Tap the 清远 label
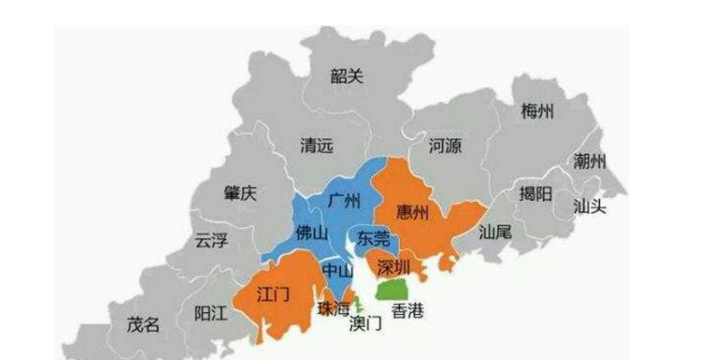pos(316,144)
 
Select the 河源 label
pos(446,144)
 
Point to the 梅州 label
pos(538,112)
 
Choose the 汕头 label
pos(589,206)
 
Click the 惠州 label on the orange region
pos(414,212)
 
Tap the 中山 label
pos(338,268)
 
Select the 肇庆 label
pos(240,192)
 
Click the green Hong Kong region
pos(392,289)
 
